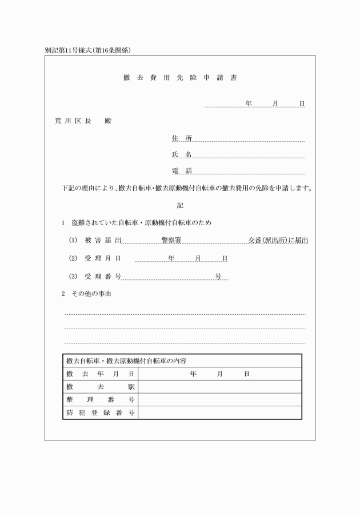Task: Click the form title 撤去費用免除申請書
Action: click(179, 77)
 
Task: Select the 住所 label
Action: click(182, 138)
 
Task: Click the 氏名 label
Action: click(182, 155)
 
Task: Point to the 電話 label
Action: click(182, 171)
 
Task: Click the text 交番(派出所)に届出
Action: click(278, 241)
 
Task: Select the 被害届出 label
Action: click(103, 241)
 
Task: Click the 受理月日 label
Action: click(103, 258)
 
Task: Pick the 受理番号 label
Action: click(103, 276)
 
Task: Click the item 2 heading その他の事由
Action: click(91, 294)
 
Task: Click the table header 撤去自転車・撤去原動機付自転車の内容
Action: click(127, 361)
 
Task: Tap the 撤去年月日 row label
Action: click(100, 374)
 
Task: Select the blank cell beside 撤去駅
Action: click(219, 387)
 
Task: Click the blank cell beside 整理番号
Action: click(219, 399)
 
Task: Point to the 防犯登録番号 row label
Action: click(100, 412)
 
